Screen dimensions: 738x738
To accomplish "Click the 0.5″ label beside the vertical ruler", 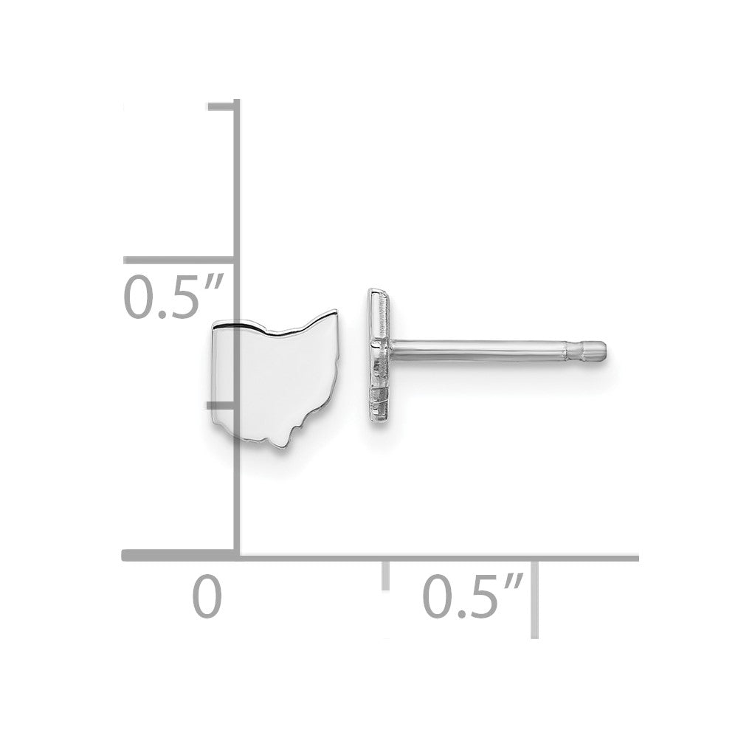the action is click(x=172, y=297).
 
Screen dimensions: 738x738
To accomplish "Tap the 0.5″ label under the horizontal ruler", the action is click(x=472, y=595).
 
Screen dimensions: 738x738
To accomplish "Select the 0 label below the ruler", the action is click(x=207, y=596).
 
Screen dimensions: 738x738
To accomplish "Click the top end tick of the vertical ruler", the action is click(x=221, y=107).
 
